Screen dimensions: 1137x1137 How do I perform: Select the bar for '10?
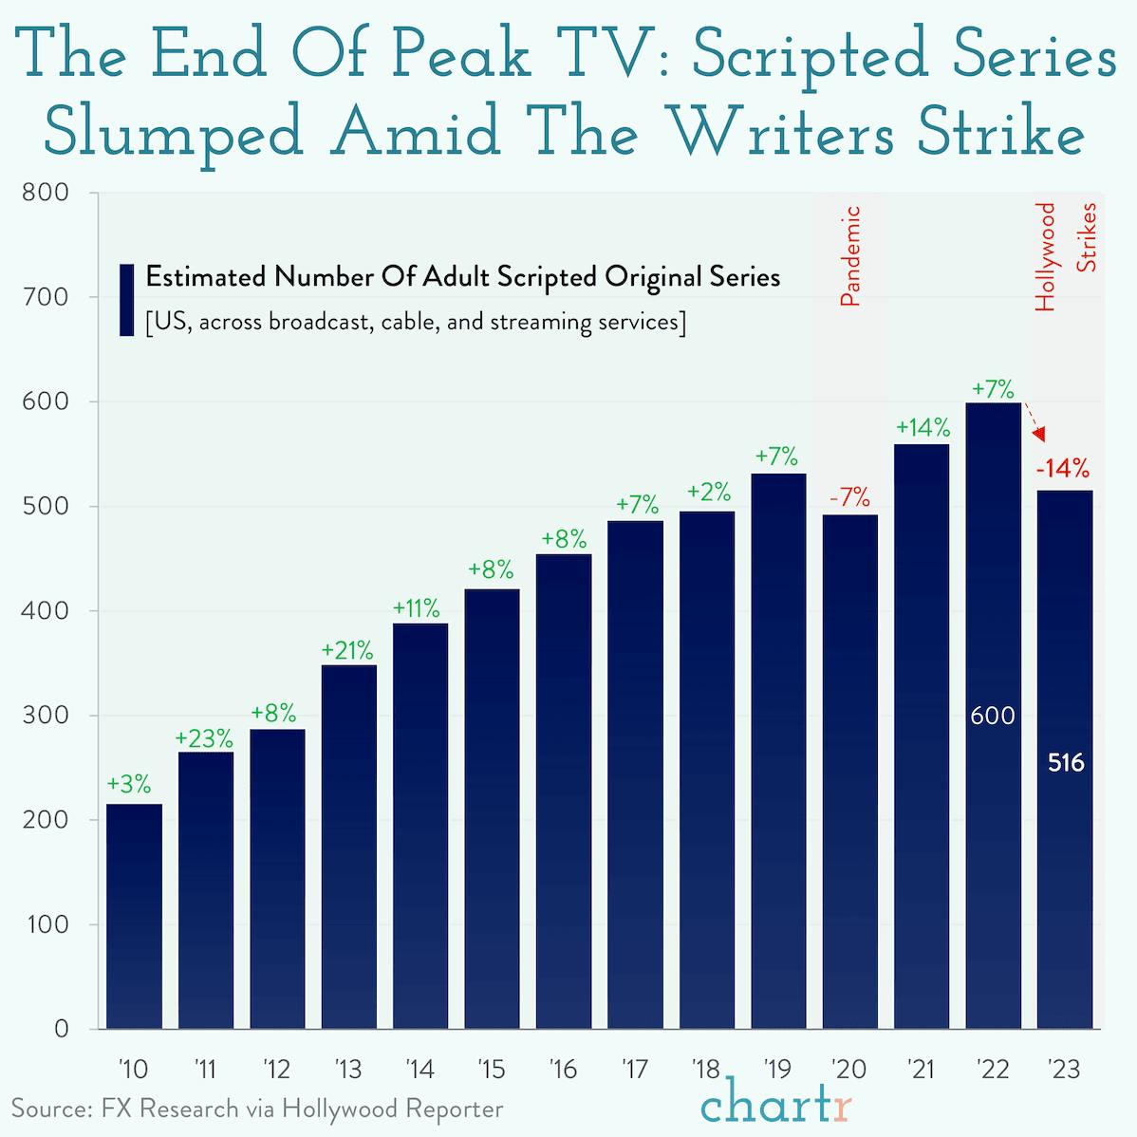(x=134, y=916)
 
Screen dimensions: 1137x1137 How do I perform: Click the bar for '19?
(x=778, y=750)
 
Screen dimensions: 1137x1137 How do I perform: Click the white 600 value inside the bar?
(x=993, y=717)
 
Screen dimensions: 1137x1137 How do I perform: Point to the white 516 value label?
(x=1065, y=763)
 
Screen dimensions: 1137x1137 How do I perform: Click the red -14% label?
(x=1062, y=469)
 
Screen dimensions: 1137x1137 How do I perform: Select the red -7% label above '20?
(x=848, y=496)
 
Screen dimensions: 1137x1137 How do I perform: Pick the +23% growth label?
(x=204, y=737)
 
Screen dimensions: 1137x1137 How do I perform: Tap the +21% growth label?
(x=347, y=651)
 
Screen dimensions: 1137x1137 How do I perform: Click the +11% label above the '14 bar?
(x=418, y=607)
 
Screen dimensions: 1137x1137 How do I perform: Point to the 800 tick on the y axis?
(x=46, y=193)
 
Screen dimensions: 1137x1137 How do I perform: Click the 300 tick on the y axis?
(x=46, y=716)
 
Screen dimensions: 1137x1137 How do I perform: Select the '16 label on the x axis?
(x=563, y=1070)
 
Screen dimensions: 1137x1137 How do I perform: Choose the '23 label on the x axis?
(x=1064, y=1070)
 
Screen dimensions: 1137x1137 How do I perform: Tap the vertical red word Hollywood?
(x=1045, y=256)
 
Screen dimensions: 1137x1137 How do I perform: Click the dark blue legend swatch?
(x=126, y=300)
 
